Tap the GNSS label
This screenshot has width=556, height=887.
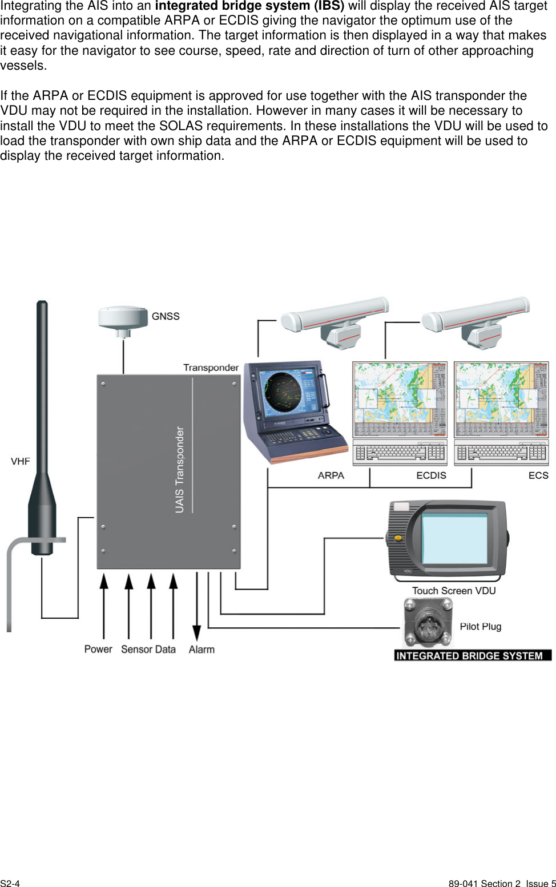[166, 316]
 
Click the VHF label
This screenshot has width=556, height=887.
[21, 461]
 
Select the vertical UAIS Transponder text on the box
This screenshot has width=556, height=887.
[180, 469]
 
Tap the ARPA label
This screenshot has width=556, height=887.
[331, 475]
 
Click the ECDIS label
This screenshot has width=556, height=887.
[431, 475]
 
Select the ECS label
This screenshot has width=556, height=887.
[538, 475]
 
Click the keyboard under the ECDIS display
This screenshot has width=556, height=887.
[400, 452]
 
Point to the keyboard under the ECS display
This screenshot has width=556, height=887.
[501, 452]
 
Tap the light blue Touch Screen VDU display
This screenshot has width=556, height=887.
[454, 538]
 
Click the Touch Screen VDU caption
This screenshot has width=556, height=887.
[454, 591]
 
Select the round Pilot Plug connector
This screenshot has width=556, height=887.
[428, 623]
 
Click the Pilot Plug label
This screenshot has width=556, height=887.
[481, 627]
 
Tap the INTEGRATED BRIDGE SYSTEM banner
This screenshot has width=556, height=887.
[473, 655]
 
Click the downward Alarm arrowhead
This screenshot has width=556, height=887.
[196, 632]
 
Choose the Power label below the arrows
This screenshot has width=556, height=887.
[98, 649]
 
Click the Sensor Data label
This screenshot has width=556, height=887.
[148, 650]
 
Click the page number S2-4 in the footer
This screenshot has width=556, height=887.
[10, 884]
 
